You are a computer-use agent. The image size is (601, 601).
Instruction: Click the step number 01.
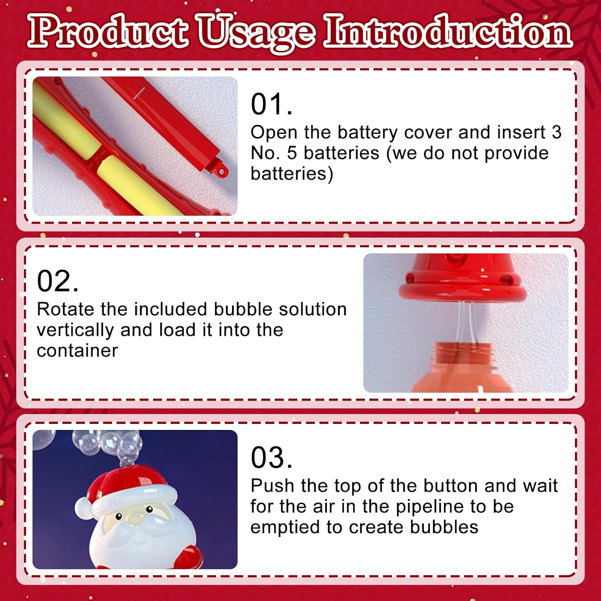tap(271, 104)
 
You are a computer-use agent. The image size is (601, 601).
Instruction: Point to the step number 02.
tap(58, 281)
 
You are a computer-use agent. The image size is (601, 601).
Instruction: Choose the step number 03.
tap(271, 458)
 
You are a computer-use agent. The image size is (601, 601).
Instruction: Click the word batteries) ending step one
tap(292, 174)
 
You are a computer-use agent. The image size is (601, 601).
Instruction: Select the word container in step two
tap(77, 351)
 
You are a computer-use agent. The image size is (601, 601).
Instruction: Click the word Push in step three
tap(272, 486)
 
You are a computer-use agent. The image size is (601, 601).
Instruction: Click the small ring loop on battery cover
tap(221, 171)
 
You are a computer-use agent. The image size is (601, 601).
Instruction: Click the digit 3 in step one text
tap(557, 132)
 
